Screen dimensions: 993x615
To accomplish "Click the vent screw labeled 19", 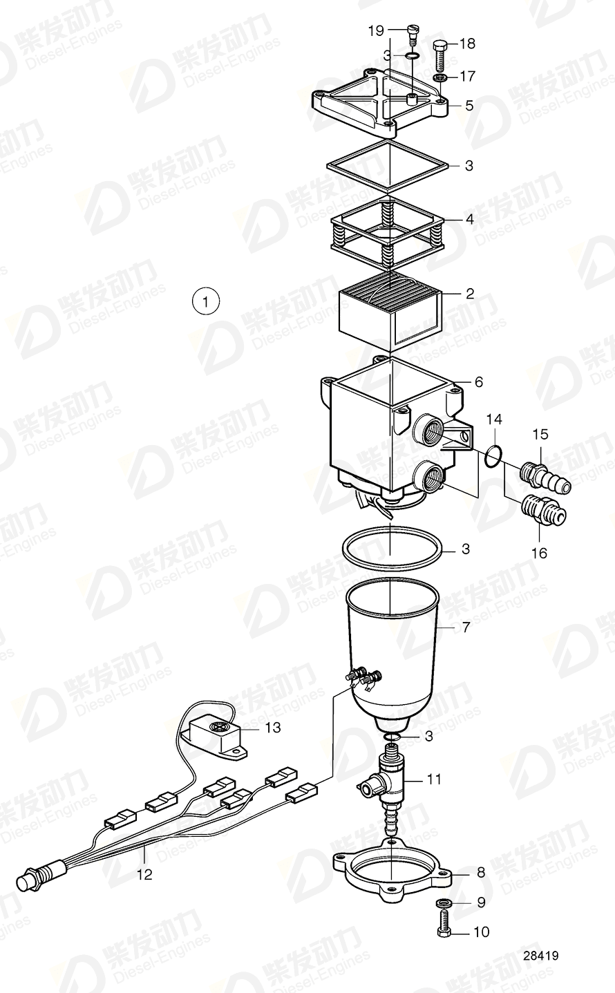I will pos(413,33).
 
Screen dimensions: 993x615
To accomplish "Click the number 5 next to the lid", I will pos(469,106).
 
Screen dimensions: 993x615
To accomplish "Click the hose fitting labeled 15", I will pos(545,479).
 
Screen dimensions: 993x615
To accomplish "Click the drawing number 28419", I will pos(540,956).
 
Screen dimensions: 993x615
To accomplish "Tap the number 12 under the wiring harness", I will pos(144,874).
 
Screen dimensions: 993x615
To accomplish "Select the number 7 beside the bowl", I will pos(466,627).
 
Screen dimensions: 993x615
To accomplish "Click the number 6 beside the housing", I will pos(478,382).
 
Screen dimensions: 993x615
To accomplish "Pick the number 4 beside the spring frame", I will pos(469,220).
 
